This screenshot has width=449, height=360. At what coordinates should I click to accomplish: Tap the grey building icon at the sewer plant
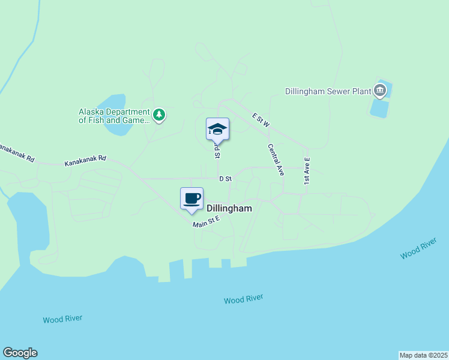(379, 91)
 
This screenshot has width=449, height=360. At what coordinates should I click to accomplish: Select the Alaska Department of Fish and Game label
(114, 116)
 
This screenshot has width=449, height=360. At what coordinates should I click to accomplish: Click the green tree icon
(158, 115)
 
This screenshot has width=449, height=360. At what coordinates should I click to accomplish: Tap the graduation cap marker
(217, 129)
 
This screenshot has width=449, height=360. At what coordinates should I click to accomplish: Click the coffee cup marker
(192, 199)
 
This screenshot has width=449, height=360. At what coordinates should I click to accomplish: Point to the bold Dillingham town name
(229, 208)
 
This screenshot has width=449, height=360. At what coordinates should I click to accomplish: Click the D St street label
(225, 179)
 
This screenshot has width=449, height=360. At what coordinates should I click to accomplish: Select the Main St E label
(206, 223)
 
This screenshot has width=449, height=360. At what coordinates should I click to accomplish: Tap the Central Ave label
(276, 159)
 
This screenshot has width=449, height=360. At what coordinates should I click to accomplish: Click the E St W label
(262, 119)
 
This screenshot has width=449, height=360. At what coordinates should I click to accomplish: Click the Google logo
(20, 353)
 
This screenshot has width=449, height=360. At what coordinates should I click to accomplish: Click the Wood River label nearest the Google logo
(62, 319)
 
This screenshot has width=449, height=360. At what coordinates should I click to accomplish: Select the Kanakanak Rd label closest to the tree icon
(85, 160)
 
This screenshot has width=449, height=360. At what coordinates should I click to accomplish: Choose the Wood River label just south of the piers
(243, 299)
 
